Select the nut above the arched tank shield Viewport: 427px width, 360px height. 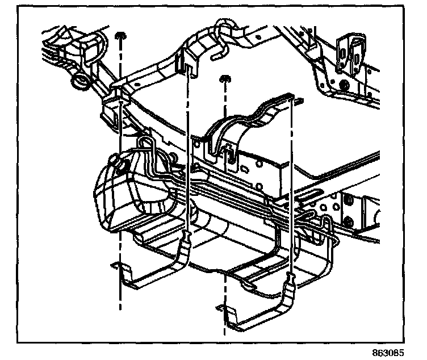point(224,77)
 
